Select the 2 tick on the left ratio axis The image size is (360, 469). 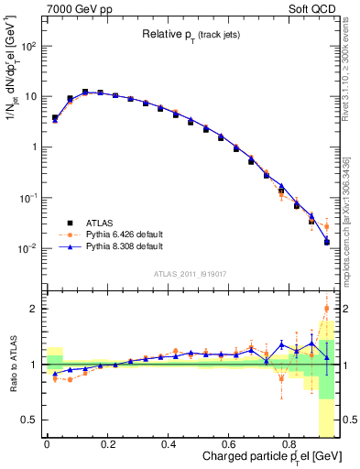(33, 309)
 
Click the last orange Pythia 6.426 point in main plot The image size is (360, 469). (327, 226)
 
